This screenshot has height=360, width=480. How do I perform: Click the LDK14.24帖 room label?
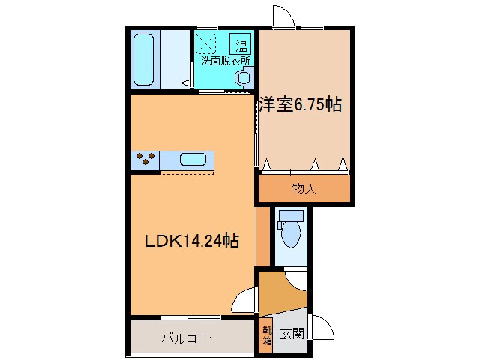[x=192, y=241]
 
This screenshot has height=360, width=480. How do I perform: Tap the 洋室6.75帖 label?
[x=301, y=105]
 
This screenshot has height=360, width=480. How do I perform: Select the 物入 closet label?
[x=304, y=189]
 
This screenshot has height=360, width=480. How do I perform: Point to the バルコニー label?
[x=190, y=337]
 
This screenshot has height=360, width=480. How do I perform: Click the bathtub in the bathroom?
[x=145, y=58]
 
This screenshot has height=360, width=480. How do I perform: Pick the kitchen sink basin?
[x=193, y=160]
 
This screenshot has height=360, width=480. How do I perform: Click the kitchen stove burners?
[x=145, y=160]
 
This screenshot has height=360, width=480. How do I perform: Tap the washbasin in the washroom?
[x=244, y=76]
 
